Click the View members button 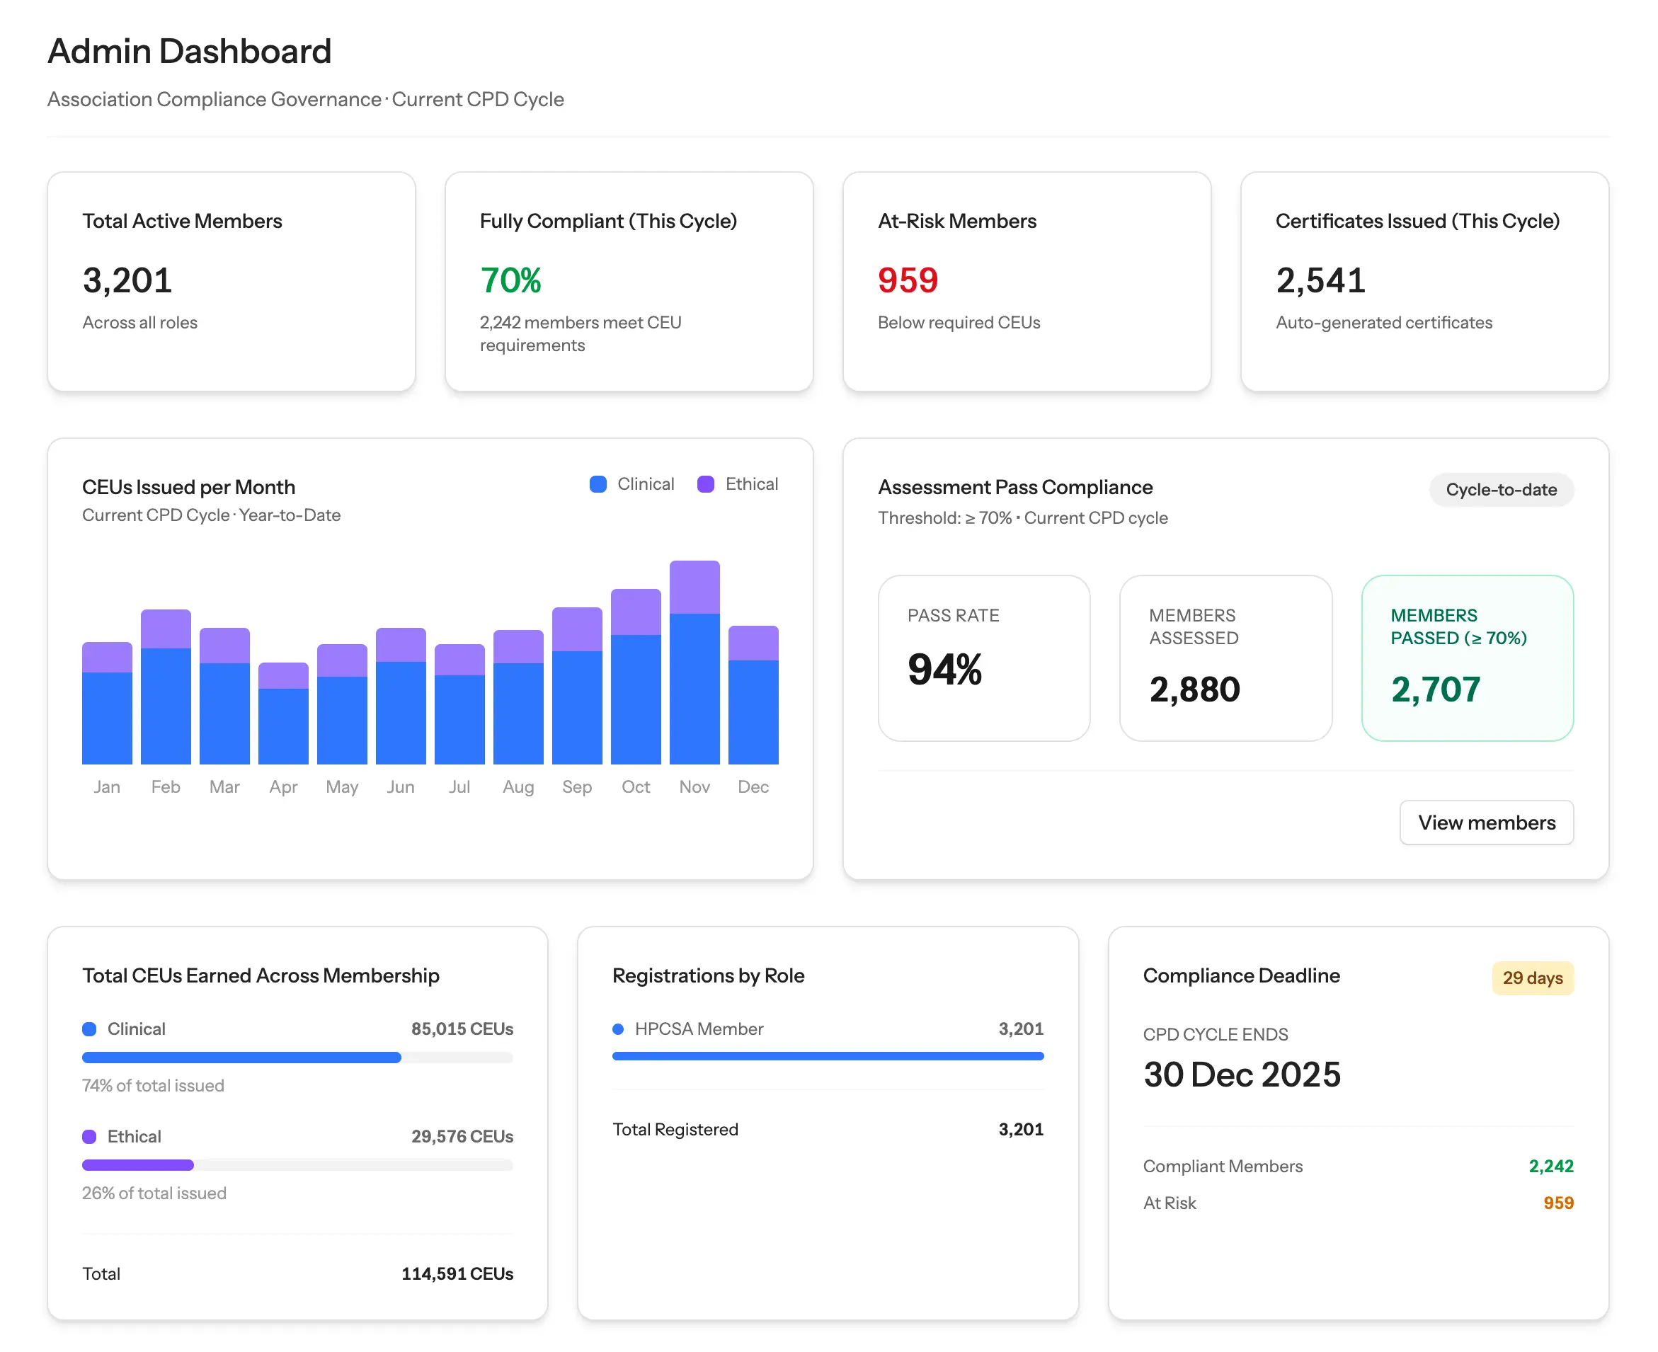pos(1486,823)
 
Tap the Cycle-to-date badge pos(1501,490)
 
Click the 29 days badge pos(1532,978)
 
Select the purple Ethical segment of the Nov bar pos(694,588)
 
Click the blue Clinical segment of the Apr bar pos(282,726)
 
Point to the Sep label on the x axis pos(576,786)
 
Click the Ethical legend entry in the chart pos(738,484)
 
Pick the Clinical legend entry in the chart pos(631,484)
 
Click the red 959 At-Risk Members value pos(908,280)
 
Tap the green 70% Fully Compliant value pos(510,280)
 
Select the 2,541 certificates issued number pos(1320,280)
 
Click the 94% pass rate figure pos(944,670)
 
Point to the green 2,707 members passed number pos(1435,689)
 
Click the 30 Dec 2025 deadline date pos(1241,1075)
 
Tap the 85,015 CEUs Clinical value pos(462,1029)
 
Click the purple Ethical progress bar pos(138,1165)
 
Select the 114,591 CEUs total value pos(457,1274)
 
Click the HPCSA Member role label pos(699,1029)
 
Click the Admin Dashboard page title pos(189,52)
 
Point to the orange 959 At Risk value pos(1557,1203)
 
